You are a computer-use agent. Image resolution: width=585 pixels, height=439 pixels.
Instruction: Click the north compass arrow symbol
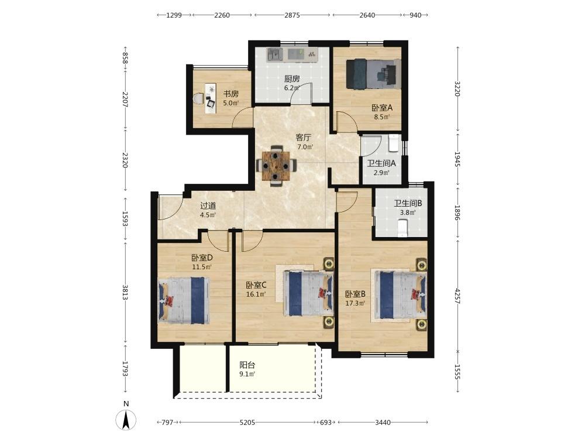(126, 420)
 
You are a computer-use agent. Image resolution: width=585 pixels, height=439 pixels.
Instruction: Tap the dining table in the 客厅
(276, 166)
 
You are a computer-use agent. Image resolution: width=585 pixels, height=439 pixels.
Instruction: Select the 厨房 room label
(292, 79)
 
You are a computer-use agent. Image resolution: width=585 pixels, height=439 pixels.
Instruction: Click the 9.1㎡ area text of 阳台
(247, 374)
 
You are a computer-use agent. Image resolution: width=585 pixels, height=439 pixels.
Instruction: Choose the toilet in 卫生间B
(402, 228)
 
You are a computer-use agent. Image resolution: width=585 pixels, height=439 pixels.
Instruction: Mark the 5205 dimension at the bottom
(247, 423)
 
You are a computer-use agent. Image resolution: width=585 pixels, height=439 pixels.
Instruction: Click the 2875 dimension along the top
(292, 15)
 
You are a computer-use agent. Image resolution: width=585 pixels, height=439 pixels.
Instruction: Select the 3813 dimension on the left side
(125, 292)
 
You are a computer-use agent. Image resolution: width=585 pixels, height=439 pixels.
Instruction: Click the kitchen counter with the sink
(292, 55)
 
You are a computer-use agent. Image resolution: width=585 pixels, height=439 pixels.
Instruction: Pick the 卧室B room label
(355, 294)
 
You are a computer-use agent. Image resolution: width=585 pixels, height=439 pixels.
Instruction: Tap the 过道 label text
(208, 205)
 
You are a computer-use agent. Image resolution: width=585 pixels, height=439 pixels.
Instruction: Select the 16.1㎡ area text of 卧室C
(256, 294)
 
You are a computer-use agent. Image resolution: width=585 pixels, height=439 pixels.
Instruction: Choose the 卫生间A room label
(381, 163)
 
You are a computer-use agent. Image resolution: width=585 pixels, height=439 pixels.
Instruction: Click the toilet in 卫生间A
(394, 143)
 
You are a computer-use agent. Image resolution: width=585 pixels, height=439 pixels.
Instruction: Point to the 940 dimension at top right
(415, 15)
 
